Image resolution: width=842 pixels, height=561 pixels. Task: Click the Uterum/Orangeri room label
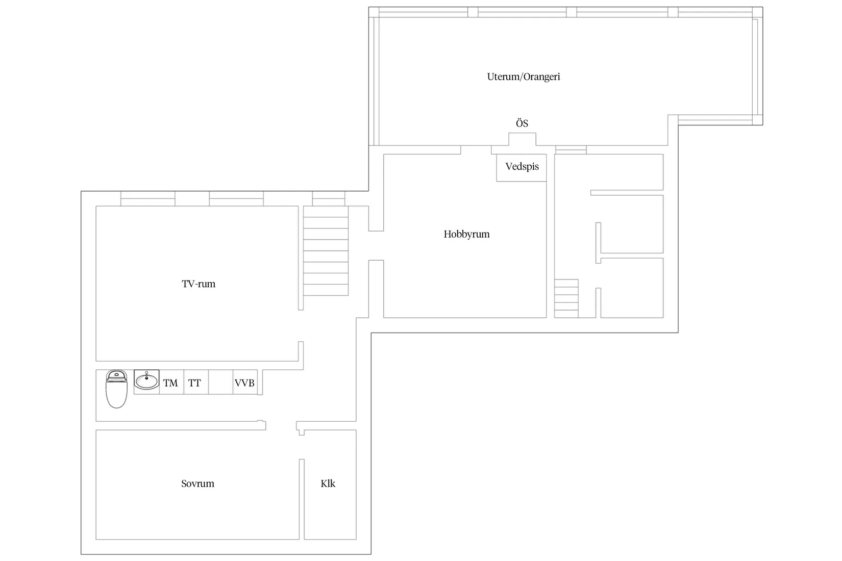point(523,77)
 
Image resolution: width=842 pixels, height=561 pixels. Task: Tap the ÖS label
point(522,123)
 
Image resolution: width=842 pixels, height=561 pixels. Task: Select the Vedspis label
point(522,166)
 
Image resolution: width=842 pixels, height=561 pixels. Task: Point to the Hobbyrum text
point(466,235)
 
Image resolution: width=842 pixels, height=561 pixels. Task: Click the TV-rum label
point(199,284)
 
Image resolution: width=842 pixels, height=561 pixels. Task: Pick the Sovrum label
point(197,483)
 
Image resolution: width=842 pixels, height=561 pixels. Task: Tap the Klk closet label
point(328,483)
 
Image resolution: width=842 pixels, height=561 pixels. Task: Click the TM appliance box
point(171,382)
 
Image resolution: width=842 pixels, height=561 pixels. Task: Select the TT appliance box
point(196,382)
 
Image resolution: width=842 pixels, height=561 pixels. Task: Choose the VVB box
point(245,382)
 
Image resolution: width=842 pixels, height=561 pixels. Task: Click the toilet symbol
point(116,389)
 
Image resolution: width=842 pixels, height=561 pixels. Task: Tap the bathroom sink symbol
point(146,380)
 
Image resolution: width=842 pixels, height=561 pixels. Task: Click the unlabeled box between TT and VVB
point(220,382)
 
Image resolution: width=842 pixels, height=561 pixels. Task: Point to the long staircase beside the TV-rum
point(326,250)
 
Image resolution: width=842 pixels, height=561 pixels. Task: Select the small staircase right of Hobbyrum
point(566,299)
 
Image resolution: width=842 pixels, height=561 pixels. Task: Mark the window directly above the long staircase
point(329,199)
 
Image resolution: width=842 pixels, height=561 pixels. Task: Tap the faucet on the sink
point(146,375)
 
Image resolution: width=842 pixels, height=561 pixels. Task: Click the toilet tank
point(116,375)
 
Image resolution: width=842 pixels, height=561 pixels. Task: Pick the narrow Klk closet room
point(330,484)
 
